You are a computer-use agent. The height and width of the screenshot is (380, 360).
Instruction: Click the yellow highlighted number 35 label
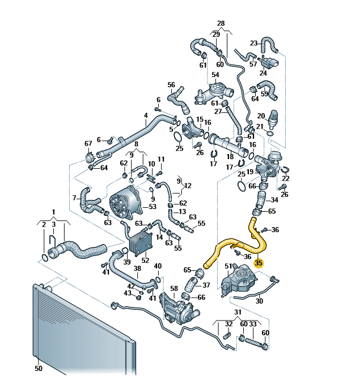point(259,263)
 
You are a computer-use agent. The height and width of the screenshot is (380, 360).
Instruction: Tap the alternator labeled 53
point(125,203)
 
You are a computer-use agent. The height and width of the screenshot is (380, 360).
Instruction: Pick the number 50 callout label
point(39,368)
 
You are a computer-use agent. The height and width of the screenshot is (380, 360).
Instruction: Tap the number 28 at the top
point(221,24)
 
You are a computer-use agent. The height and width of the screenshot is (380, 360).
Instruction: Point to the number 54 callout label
point(215,75)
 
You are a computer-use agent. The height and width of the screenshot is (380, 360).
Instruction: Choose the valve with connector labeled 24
point(269,62)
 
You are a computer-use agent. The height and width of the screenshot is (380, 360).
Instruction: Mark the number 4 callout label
point(146,116)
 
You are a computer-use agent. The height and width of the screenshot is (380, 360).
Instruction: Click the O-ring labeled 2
point(45,257)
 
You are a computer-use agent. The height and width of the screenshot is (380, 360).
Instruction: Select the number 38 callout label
point(137,268)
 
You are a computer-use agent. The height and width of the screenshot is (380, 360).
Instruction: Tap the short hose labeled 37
point(192,284)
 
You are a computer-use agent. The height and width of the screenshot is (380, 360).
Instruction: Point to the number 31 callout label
point(238,312)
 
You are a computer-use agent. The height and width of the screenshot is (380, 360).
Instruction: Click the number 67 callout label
point(88,144)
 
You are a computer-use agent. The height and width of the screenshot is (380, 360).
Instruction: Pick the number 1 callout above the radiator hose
point(53,212)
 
